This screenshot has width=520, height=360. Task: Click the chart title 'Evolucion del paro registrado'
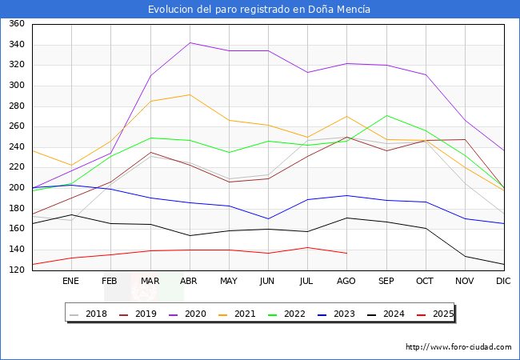tap(260, 10)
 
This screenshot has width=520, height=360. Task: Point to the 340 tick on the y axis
tap(15, 44)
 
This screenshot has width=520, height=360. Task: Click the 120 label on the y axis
tap(15, 270)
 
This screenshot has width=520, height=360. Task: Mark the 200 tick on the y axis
tap(15, 188)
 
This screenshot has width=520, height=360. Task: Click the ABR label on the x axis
tap(189, 282)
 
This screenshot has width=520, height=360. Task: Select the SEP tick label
tap(386, 282)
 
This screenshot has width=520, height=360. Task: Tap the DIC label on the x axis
tap(503, 282)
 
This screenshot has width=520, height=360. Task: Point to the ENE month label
tap(71, 282)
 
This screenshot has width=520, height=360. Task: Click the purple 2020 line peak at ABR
tap(189, 42)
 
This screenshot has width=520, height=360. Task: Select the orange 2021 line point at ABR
tap(189, 94)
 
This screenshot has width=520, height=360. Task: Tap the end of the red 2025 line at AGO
tap(346, 253)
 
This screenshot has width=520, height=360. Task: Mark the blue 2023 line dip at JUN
tap(268, 218)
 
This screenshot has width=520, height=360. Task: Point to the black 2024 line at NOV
tap(464, 256)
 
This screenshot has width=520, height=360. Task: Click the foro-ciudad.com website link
tap(458, 347)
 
